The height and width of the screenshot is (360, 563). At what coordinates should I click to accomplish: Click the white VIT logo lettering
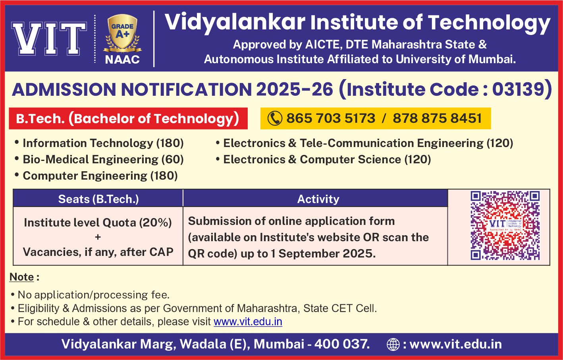pyautogui.click(x=49, y=39)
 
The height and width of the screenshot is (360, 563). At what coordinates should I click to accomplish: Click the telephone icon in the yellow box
pyautogui.click(x=275, y=118)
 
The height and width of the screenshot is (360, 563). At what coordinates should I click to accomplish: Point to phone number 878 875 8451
pyautogui.click(x=437, y=118)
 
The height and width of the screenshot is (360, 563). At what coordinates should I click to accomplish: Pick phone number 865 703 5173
pyautogui.click(x=331, y=118)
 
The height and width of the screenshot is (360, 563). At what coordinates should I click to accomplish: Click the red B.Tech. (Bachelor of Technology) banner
pyautogui.click(x=128, y=118)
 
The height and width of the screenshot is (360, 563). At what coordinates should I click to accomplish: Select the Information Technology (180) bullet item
pyautogui.click(x=99, y=143)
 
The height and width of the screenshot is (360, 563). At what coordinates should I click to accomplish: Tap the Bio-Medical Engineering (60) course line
pyautogui.click(x=99, y=159)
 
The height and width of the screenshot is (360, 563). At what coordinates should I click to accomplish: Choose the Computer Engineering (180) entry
pyautogui.click(x=96, y=176)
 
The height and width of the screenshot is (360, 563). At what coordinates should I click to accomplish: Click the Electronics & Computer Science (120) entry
pyautogui.click(x=324, y=159)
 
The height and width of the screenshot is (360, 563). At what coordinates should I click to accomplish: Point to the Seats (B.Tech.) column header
pyautogui.click(x=98, y=199)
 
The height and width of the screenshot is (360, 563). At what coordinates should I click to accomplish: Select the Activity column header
pyautogui.click(x=318, y=199)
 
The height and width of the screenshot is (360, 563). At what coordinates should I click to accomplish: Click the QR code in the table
pyautogui.click(x=505, y=225)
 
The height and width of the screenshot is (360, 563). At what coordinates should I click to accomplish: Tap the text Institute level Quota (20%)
pyautogui.click(x=98, y=223)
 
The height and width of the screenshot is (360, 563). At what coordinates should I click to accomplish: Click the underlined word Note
pyautogui.click(x=21, y=277)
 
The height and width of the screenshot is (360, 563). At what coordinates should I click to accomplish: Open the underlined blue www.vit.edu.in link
pyautogui.click(x=248, y=321)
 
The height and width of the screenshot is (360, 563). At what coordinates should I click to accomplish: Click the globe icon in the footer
pyautogui.click(x=393, y=345)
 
